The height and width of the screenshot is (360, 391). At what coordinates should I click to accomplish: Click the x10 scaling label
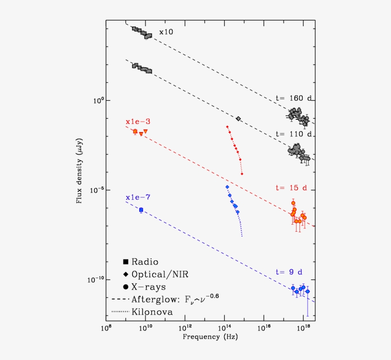tap(166, 32)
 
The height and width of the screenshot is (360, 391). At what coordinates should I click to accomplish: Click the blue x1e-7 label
tap(137, 197)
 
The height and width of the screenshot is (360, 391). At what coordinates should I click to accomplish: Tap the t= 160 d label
tap(294, 98)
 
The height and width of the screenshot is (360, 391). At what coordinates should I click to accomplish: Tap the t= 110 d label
tap(294, 134)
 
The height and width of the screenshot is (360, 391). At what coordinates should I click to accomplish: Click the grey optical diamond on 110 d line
tap(238, 118)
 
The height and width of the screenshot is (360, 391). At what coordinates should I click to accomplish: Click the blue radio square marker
tap(141, 210)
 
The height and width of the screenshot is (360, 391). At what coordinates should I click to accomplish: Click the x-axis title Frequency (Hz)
tap(210, 337)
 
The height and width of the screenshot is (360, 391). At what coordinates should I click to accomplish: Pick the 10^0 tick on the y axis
tap(98, 101)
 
